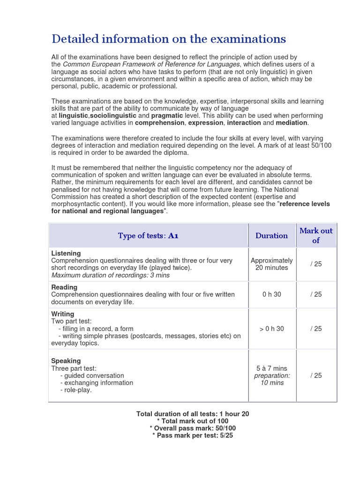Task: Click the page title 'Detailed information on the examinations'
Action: tap(168, 38)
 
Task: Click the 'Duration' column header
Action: tap(271, 236)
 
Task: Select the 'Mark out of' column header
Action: tap(316, 235)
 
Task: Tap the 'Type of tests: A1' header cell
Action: tap(148, 236)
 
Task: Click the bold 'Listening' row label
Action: tap(66, 253)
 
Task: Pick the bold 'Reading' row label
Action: tap(64, 287)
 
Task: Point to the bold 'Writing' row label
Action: tap(62, 314)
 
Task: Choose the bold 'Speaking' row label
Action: tap(66, 361)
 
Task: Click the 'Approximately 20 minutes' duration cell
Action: tap(271, 264)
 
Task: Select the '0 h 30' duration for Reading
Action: tap(271, 294)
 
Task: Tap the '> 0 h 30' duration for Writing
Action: tap(271, 329)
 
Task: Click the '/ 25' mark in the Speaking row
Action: tap(316, 375)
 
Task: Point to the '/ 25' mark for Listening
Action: tap(316, 264)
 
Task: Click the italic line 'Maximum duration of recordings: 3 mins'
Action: tap(110, 275)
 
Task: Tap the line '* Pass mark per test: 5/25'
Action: tap(193, 435)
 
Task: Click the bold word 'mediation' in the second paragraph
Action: tap(292, 123)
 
